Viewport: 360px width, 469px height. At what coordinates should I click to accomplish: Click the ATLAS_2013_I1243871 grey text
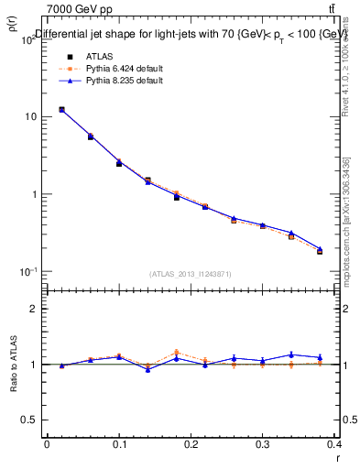point(191,274)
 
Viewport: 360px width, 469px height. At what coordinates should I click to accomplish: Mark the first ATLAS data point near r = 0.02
point(61,110)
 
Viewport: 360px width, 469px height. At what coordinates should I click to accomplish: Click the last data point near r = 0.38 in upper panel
point(320,250)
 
